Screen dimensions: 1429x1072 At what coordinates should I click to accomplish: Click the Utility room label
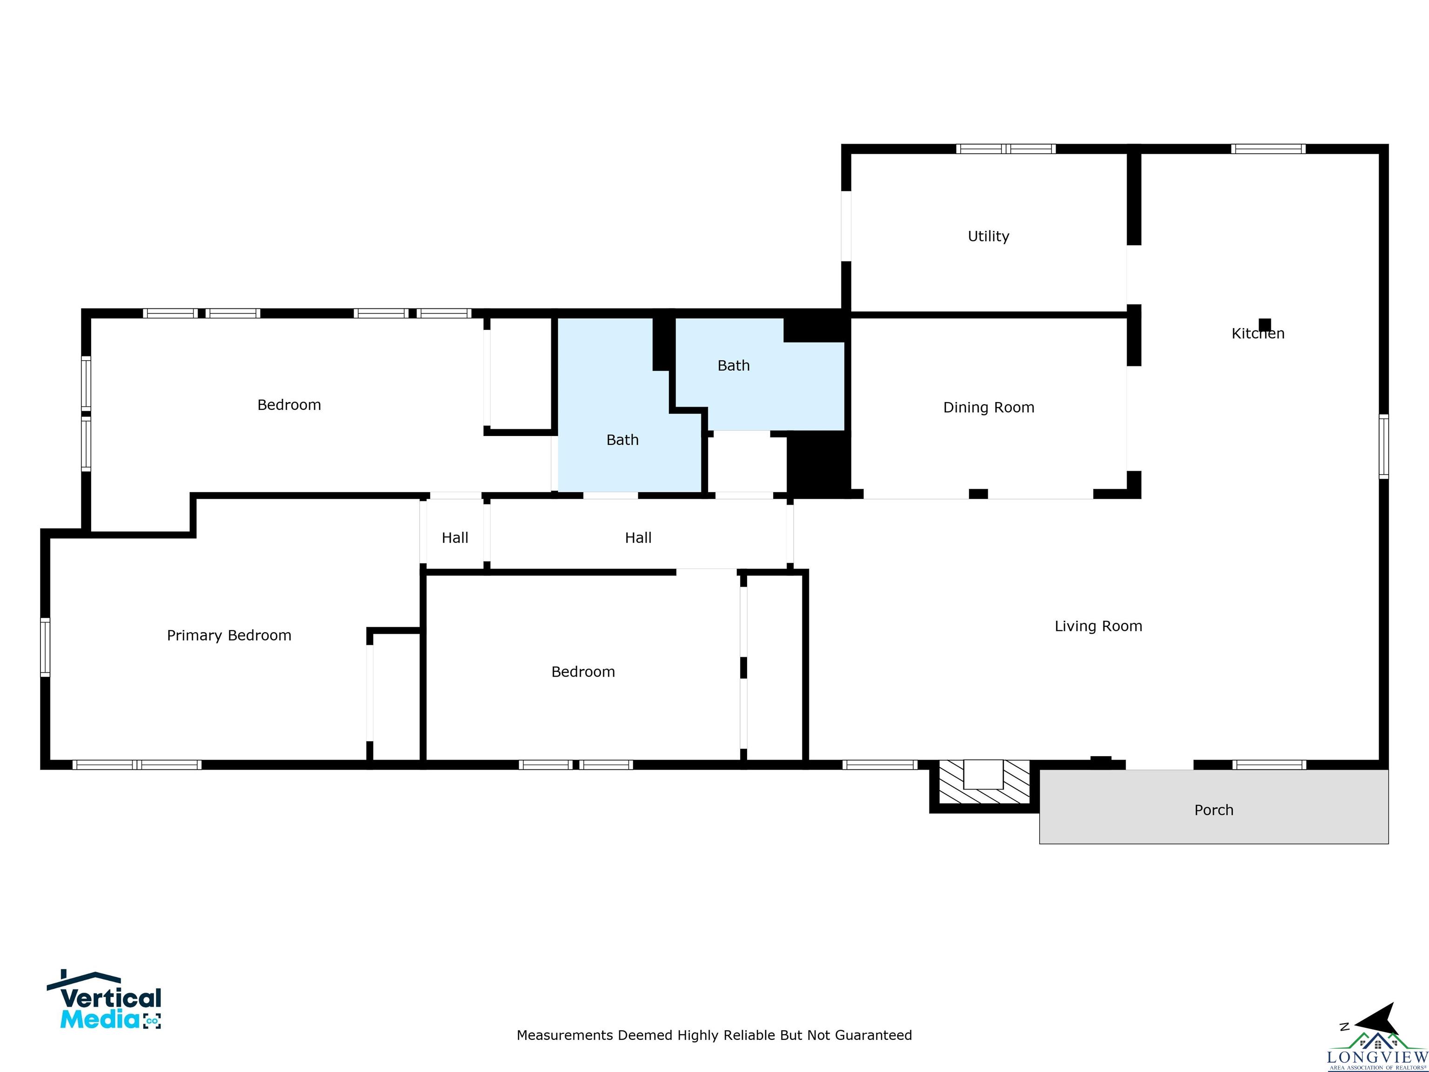(x=988, y=236)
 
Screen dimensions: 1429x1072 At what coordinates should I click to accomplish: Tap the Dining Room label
(x=988, y=407)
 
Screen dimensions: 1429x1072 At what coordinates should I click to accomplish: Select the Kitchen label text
(x=1258, y=334)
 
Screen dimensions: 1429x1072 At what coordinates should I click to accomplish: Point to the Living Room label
(x=1098, y=626)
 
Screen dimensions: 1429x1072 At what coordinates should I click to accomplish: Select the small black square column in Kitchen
(x=1265, y=324)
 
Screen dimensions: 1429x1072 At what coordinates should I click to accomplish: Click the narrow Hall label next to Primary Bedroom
(x=455, y=537)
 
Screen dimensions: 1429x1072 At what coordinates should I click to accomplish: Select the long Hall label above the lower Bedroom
(x=638, y=537)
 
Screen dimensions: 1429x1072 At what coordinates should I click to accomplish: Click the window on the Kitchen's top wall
(x=1268, y=148)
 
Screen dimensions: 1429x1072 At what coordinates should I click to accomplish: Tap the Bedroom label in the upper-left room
(x=289, y=405)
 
